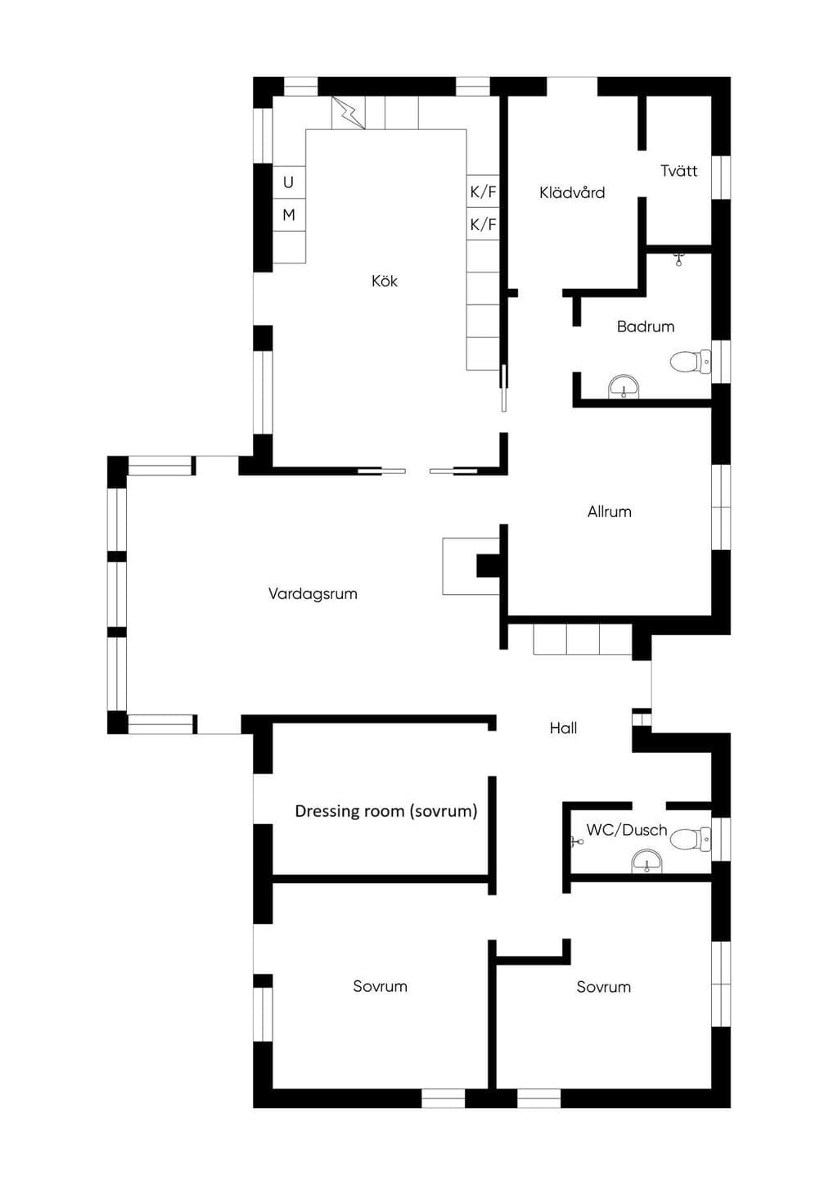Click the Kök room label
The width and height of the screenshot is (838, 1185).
[385, 281]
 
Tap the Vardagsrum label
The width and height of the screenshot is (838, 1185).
[313, 593]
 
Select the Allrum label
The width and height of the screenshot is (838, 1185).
[610, 511]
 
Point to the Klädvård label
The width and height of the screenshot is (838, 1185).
[572, 192]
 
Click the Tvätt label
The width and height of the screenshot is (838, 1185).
[679, 171]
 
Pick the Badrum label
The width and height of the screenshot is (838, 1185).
[646, 327]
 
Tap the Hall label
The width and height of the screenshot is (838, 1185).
[563, 728]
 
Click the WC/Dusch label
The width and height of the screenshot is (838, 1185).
[627, 830]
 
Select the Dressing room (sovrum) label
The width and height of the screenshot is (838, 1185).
[386, 811]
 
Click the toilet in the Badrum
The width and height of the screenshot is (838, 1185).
[691, 362]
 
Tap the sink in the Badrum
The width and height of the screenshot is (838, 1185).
[624, 386]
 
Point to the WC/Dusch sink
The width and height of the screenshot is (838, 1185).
[647, 861]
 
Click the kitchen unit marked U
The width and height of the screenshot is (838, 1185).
[289, 182]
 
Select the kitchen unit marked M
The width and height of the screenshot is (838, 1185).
[289, 215]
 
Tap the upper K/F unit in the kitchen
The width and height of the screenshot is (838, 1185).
[483, 191]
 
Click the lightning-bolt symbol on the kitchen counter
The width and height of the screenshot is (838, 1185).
[348, 113]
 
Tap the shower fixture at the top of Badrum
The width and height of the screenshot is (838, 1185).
[678, 259]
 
